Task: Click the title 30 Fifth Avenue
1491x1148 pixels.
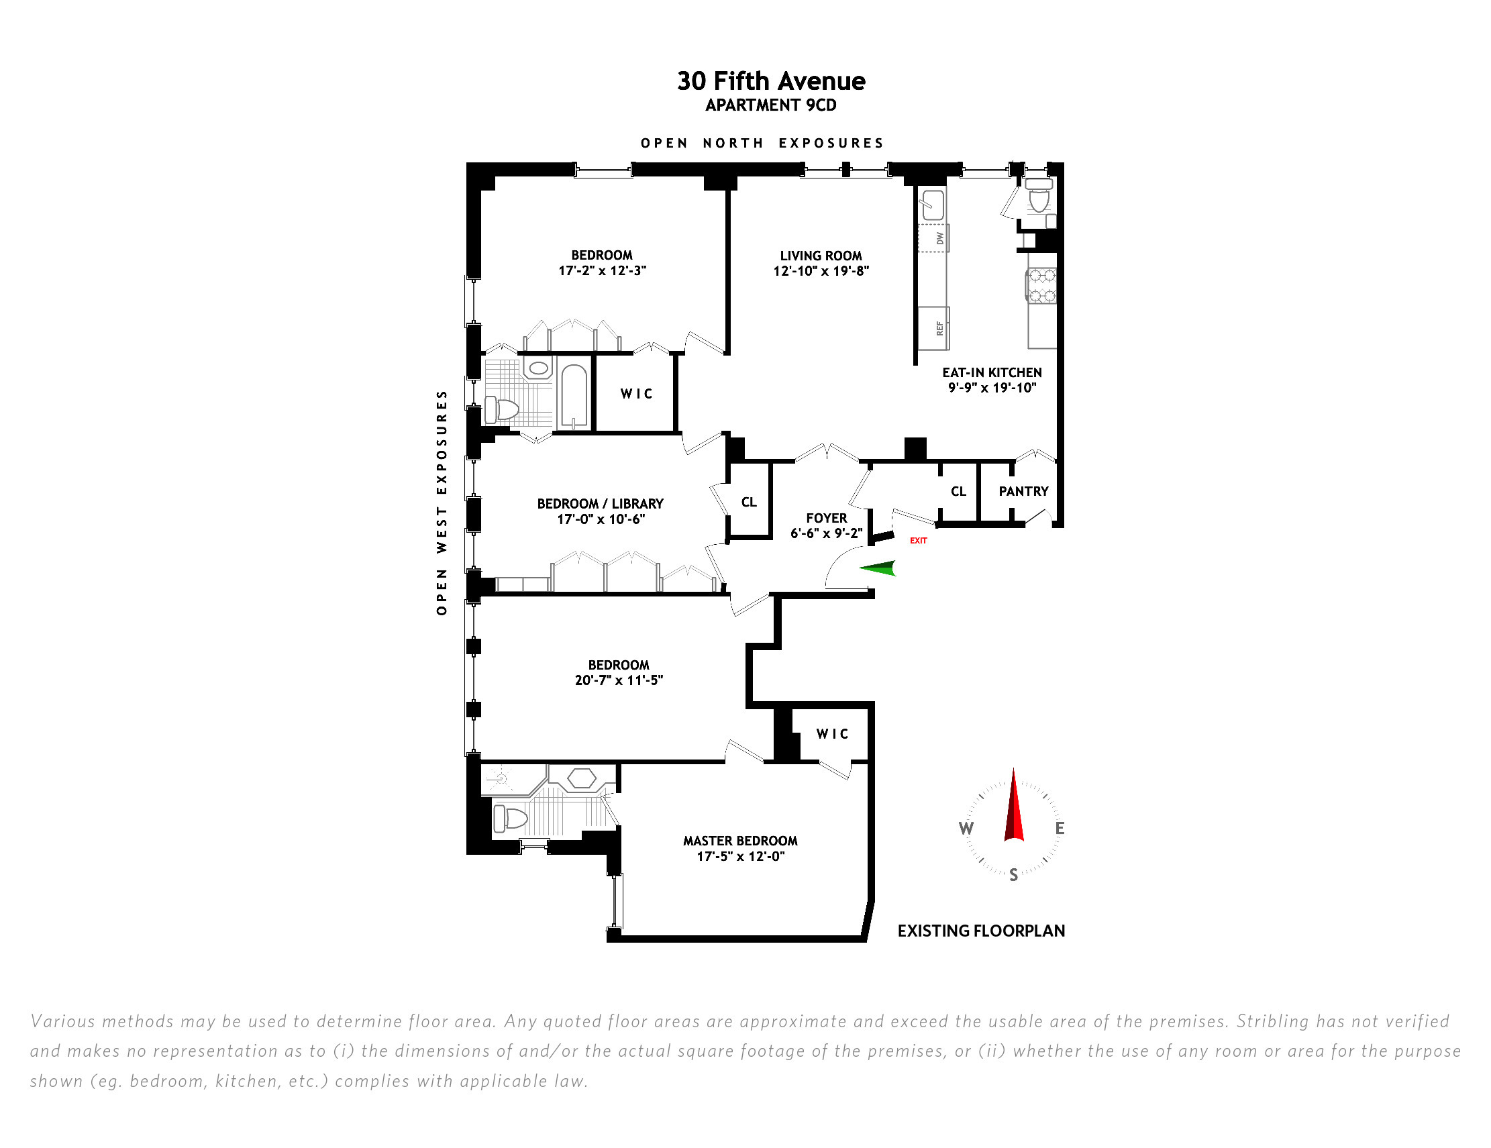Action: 771,81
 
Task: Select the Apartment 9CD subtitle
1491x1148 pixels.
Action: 771,105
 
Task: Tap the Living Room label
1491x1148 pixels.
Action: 821,256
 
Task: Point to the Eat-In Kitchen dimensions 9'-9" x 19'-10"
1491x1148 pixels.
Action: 992,388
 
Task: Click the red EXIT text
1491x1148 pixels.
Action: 918,541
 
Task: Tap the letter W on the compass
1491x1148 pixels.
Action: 966,829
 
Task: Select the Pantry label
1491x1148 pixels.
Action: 1023,491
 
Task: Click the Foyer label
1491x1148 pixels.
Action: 826,518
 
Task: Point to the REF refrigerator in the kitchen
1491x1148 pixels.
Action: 933,328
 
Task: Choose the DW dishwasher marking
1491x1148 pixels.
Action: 933,238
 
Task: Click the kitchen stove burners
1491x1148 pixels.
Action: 1042,285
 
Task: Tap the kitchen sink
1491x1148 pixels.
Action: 933,202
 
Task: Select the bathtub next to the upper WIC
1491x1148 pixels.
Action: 574,394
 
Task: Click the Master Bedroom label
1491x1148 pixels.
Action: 740,841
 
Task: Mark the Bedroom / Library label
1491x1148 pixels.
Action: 600,504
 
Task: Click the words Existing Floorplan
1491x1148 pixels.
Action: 981,931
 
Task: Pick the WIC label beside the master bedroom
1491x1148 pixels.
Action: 832,734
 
